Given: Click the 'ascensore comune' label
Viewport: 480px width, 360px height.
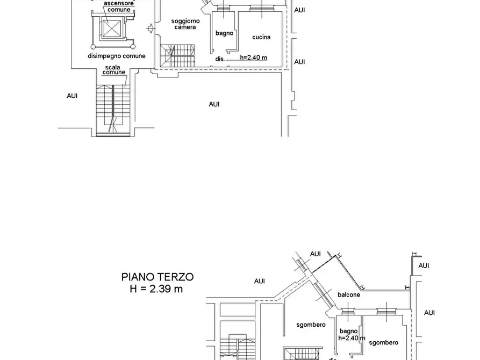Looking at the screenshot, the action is coord(119,6).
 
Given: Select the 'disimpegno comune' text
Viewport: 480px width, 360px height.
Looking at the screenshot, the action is coord(116,56).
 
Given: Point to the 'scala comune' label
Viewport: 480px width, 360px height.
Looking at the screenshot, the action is coord(113,70).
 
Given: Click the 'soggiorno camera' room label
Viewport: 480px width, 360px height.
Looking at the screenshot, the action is coord(185,24).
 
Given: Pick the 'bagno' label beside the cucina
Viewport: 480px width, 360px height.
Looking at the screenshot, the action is coord(224,33).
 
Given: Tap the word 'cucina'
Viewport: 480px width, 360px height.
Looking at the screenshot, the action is coord(261,37).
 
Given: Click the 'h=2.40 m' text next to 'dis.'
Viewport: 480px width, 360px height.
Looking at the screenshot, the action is coord(254,57).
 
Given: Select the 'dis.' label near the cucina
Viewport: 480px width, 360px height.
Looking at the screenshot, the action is coord(220,59).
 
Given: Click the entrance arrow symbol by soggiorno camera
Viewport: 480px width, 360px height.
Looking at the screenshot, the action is coord(151,29).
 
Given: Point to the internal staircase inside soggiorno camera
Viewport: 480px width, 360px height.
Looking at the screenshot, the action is coord(177,55).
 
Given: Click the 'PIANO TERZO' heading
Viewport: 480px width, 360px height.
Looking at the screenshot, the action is coord(157,277).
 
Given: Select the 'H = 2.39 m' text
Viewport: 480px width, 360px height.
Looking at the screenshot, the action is coord(156,289).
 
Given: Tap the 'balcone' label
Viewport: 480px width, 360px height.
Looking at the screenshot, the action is coord(349,295).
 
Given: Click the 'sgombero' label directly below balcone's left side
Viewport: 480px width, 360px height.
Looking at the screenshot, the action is coord(311,325).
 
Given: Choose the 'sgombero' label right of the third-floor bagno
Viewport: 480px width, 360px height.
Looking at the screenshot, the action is coord(384,343).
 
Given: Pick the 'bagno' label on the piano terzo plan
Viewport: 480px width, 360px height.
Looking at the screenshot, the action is coord(349,331).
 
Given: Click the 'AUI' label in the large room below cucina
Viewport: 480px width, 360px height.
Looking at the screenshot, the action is coord(214,104).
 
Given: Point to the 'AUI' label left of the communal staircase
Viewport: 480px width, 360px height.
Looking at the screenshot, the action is coord(72,96).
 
